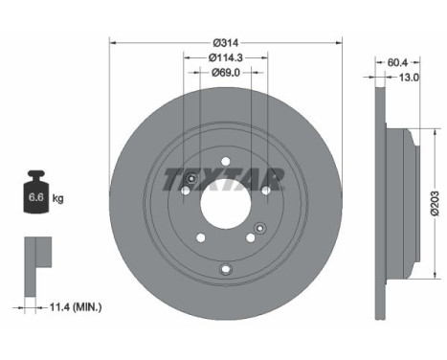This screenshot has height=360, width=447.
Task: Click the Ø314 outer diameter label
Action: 225,43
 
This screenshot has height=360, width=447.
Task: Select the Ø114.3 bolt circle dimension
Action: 225,57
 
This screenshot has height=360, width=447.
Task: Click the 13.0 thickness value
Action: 410,79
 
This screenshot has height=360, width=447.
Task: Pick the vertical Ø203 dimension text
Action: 434,203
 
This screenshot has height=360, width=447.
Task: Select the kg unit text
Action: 58,199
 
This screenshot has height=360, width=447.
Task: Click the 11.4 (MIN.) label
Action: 76,306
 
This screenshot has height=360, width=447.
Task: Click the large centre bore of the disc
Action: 225,203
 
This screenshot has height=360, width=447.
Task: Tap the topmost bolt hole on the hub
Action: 225,161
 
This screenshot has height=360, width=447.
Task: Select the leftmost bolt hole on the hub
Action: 184,191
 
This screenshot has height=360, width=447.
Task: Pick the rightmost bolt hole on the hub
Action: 266,191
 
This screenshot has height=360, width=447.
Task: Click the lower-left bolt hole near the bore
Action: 200,238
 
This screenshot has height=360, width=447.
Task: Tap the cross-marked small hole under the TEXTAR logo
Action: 192,181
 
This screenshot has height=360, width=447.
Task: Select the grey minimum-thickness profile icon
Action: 35,256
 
